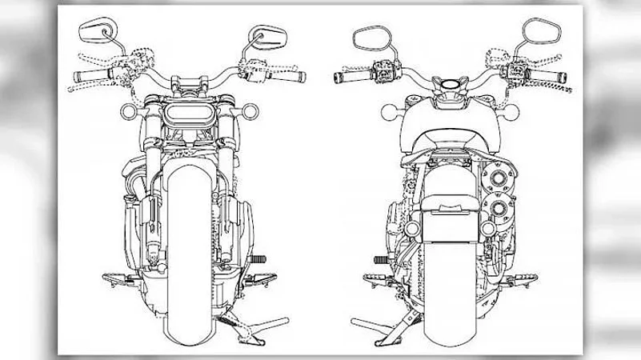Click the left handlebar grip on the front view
tap(90, 77)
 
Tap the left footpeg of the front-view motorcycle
tap(121, 280)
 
